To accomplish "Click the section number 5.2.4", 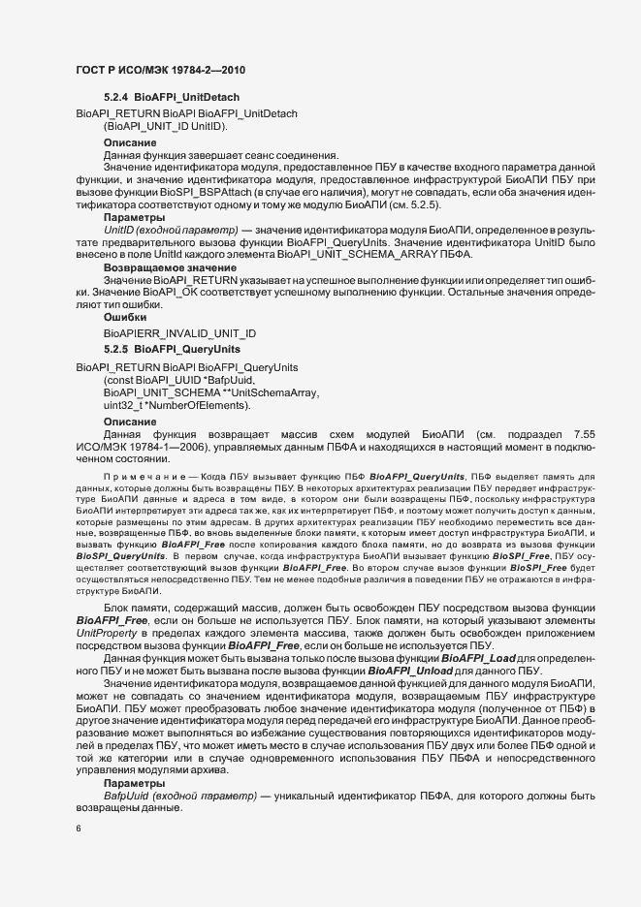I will [115, 99].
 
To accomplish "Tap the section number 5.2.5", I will [115, 348].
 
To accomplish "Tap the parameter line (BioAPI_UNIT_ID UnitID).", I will [166, 127].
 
